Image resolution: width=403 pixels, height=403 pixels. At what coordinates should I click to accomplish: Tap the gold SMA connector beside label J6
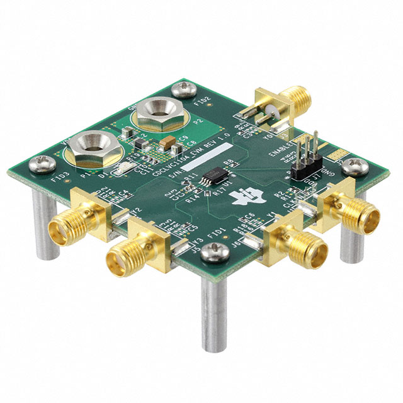(x=293, y=247)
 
